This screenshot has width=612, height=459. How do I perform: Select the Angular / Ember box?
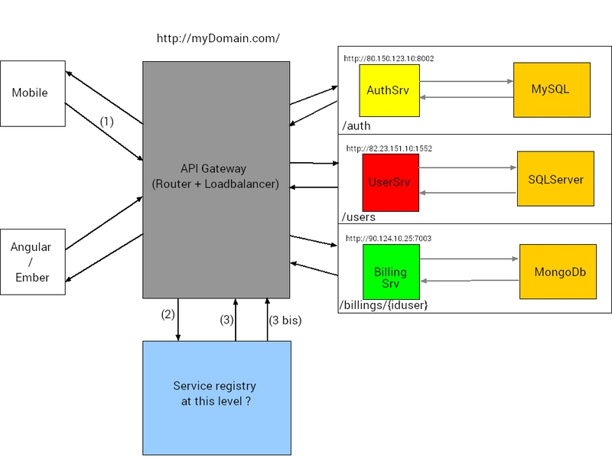(32, 262)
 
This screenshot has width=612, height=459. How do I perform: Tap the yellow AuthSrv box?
(389, 90)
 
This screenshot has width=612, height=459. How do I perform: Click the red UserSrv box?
(390, 182)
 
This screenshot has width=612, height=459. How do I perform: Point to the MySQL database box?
(551, 90)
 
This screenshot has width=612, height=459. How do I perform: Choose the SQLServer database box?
(555, 179)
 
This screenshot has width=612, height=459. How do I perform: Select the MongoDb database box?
(558, 272)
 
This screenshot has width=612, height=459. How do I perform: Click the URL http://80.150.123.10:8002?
(389, 58)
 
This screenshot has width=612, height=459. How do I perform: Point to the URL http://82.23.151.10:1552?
(389, 148)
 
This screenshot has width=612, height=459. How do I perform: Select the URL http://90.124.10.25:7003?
(388, 238)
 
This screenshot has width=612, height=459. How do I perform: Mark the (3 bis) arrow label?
(285, 321)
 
